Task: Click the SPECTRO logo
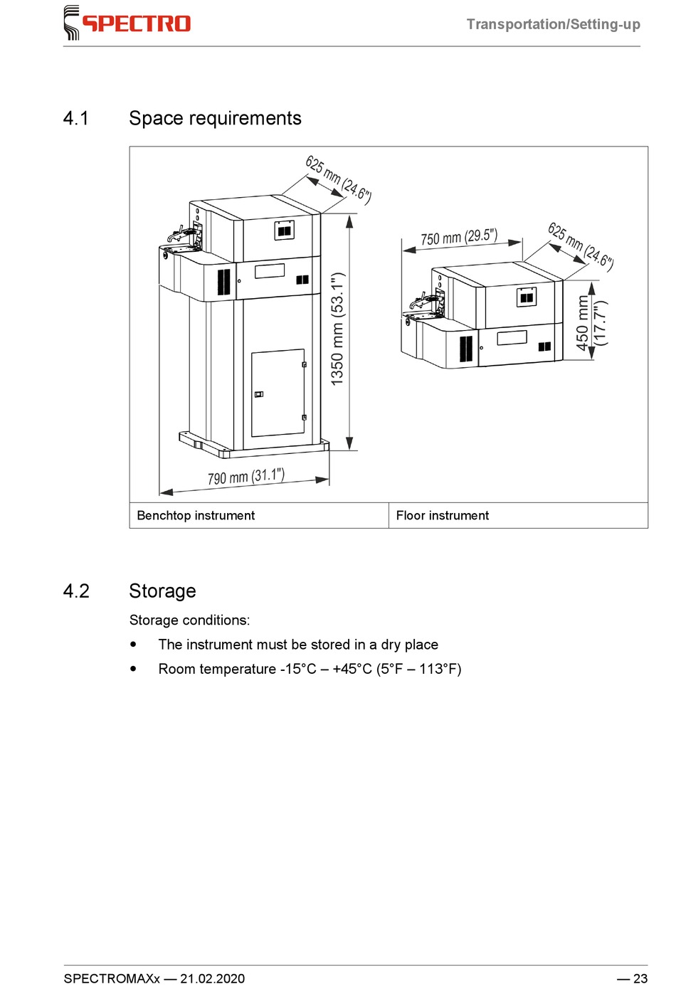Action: [x=128, y=23]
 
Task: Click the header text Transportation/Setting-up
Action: [x=553, y=24]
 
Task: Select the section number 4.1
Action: [x=76, y=118]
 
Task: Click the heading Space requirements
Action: [x=215, y=118]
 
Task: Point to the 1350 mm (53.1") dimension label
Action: [x=337, y=329]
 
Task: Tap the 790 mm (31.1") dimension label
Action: [x=246, y=476]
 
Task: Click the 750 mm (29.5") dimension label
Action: [x=459, y=237]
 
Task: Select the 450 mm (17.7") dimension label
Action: [x=591, y=322]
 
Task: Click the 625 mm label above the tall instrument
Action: [x=338, y=179]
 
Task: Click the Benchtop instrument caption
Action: [x=196, y=516]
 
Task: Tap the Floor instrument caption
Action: [x=443, y=516]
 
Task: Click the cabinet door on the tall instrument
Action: [x=278, y=392]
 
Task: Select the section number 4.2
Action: [x=76, y=591]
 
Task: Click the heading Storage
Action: [x=162, y=591]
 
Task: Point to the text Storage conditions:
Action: [x=189, y=620]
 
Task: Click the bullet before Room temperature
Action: [x=133, y=669]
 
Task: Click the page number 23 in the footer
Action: [x=640, y=978]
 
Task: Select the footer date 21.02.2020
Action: [x=212, y=978]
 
